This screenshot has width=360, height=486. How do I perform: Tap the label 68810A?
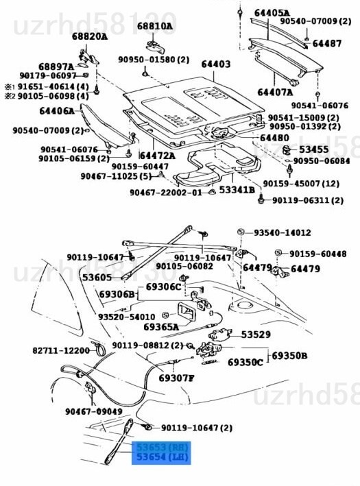pyautogui.click(x=155, y=26)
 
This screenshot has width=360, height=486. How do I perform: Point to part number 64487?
pyautogui.click(x=327, y=43)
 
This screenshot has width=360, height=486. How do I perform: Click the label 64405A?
pyautogui.click(x=272, y=12)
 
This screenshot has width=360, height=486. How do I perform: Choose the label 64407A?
pyautogui.click(x=275, y=92)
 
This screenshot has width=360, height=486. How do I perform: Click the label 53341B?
pyautogui.click(x=237, y=189)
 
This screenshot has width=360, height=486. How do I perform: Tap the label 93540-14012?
pyautogui.click(x=282, y=232)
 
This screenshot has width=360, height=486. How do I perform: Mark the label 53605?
pyautogui.click(x=97, y=278)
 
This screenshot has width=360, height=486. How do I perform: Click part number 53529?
pyautogui.click(x=255, y=335)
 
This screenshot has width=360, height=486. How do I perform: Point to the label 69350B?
pyautogui.click(x=289, y=356)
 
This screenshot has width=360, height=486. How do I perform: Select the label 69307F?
pyautogui.click(x=176, y=378)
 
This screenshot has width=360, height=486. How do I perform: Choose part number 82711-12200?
pyautogui.click(x=60, y=350)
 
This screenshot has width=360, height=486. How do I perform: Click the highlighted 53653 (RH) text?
pyautogui.click(x=162, y=446)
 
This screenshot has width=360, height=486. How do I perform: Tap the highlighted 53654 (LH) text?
pyautogui.click(x=162, y=457)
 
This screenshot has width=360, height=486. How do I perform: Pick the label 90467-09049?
pyautogui.click(x=94, y=411)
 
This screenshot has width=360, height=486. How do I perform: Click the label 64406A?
pyautogui.click(x=57, y=110)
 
